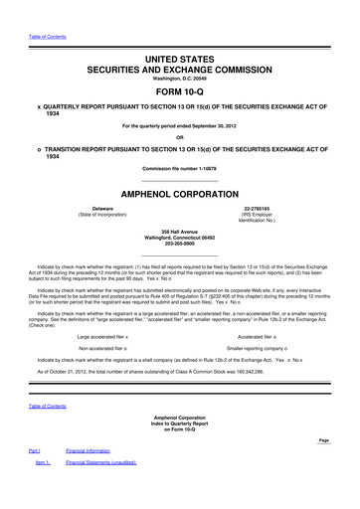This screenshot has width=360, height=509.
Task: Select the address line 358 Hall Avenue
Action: [180, 229]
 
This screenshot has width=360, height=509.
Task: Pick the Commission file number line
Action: [180, 169]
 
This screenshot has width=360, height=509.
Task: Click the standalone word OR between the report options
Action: [180, 137]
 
